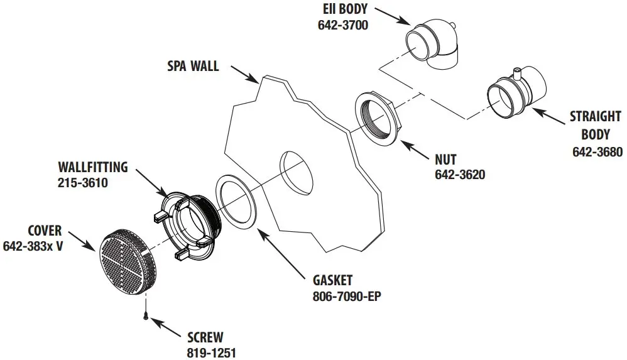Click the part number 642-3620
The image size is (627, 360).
(x=459, y=174)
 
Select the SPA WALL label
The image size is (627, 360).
(x=194, y=66)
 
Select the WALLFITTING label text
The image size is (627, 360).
(x=92, y=168)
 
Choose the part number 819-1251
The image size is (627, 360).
(x=210, y=352)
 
